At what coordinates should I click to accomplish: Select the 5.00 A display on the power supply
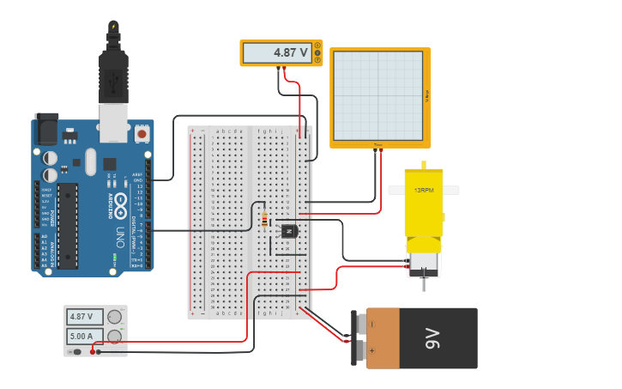pyautogui.click(x=85, y=336)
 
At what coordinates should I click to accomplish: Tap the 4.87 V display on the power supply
pyautogui.click(x=85, y=317)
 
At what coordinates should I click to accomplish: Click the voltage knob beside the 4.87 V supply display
pyautogui.click(x=114, y=317)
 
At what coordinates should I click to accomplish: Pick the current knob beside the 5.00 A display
pyautogui.click(x=114, y=336)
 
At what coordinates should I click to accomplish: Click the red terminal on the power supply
pyautogui.click(x=92, y=351)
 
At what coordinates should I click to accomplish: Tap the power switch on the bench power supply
pyautogui.click(x=76, y=351)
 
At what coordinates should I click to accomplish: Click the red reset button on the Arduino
pyautogui.click(x=142, y=134)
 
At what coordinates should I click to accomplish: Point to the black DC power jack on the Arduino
pyautogui.click(x=46, y=130)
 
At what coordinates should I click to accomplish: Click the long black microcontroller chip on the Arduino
pyautogui.click(x=67, y=225)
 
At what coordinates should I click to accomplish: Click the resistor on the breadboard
pyautogui.click(x=264, y=220)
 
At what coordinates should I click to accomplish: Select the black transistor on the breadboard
pyautogui.click(x=289, y=231)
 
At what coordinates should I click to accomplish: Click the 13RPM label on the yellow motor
pyautogui.click(x=424, y=190)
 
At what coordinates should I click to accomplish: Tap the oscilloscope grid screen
pyautogui.click(x=378, y=95)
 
